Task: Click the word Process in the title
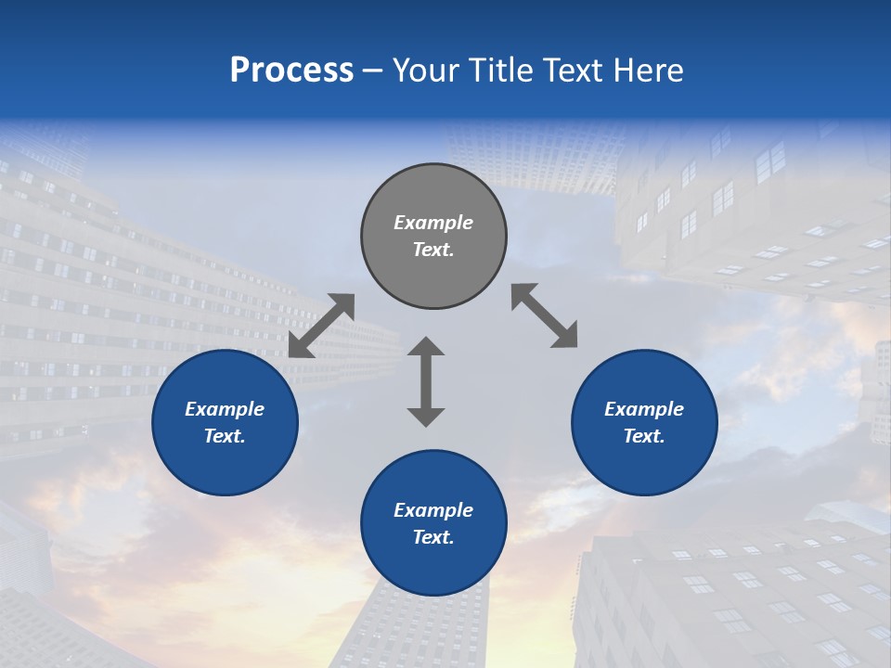point(291,71)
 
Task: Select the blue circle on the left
point(225,464)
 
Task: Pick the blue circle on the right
point(644,464)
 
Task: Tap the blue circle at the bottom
point(433,566)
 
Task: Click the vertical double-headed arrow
point(426,381)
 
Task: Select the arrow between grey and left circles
point(321,326)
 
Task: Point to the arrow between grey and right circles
point(545,315)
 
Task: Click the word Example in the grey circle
point(433,223)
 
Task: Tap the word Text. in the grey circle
point(433,250)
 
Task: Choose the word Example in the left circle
point(225,409)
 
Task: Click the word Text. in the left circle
point(225,436)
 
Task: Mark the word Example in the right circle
point(644,409)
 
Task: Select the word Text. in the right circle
point(644,436)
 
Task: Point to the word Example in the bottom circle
point(433,510)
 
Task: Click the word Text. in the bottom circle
point(433,537)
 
